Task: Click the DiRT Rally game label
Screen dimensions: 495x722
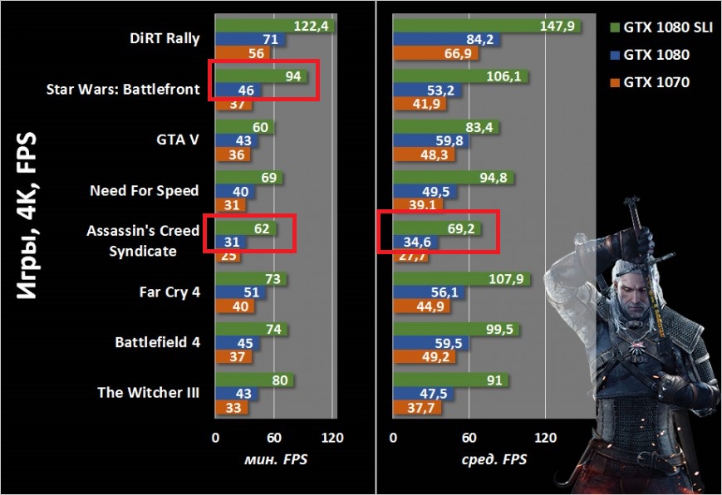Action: coord(165,37)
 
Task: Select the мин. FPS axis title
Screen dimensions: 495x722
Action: coord(273,458)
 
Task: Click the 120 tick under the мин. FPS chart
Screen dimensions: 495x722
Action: coord(333,438)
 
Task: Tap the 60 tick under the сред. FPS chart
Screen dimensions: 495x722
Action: coord(469,438)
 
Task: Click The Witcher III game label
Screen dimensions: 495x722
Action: coord(149,393)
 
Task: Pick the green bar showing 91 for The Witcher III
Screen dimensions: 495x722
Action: coord(449,379)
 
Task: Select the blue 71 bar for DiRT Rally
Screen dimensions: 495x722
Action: coord(249,40)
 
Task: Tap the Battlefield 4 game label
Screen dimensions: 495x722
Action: coord(157,342)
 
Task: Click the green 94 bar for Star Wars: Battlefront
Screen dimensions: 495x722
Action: coord(261,76)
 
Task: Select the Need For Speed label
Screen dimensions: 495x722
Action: coord(145,191)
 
